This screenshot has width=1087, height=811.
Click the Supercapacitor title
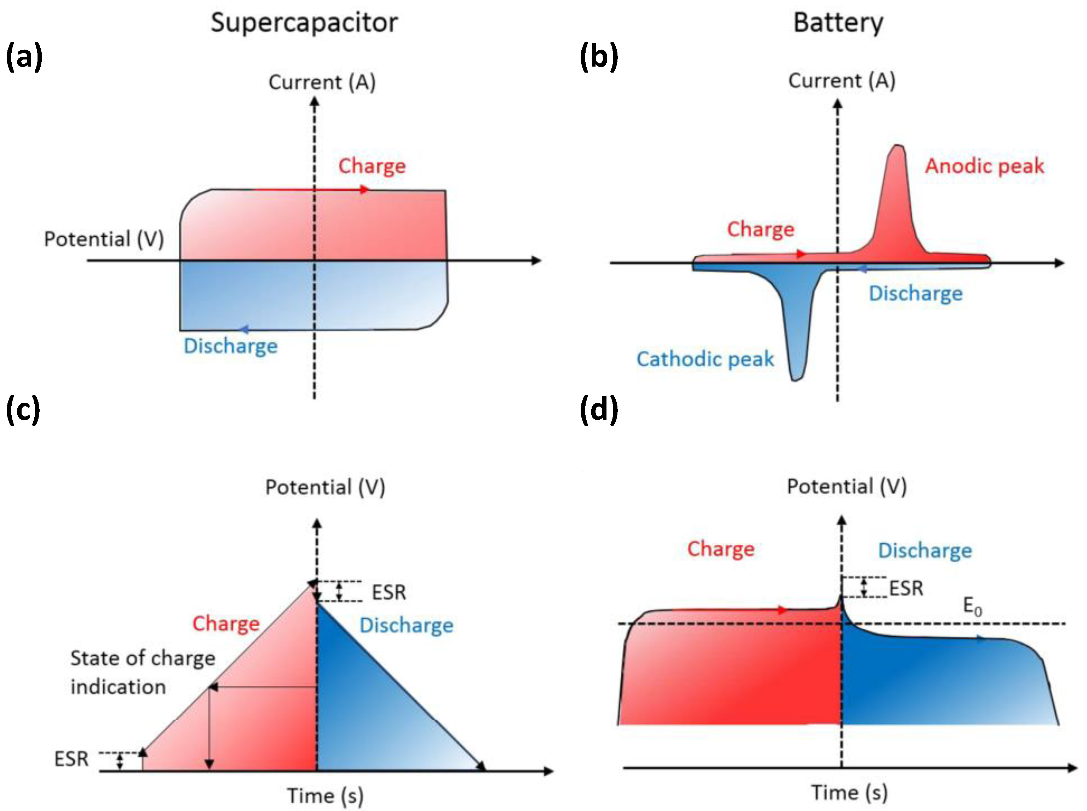click(304, 23)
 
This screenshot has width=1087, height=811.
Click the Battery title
click(838, 23)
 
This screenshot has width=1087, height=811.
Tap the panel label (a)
click(24, 57)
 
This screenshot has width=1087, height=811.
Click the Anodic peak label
click(984, 166)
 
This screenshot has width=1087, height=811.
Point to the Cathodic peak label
click(705, 359)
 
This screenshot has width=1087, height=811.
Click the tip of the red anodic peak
click(898, 146)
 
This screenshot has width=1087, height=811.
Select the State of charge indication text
click(142, 672)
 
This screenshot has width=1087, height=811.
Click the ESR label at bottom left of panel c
click(71, 759)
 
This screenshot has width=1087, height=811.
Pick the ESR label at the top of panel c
click(389, 592)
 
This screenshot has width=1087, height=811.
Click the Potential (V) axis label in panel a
click(104, 239)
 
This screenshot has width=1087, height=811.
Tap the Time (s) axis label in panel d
click(849, 792)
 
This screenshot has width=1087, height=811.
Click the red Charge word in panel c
click(226, 623)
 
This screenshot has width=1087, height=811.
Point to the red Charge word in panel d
click(720, 549)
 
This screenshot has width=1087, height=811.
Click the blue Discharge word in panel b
click(915, 294)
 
